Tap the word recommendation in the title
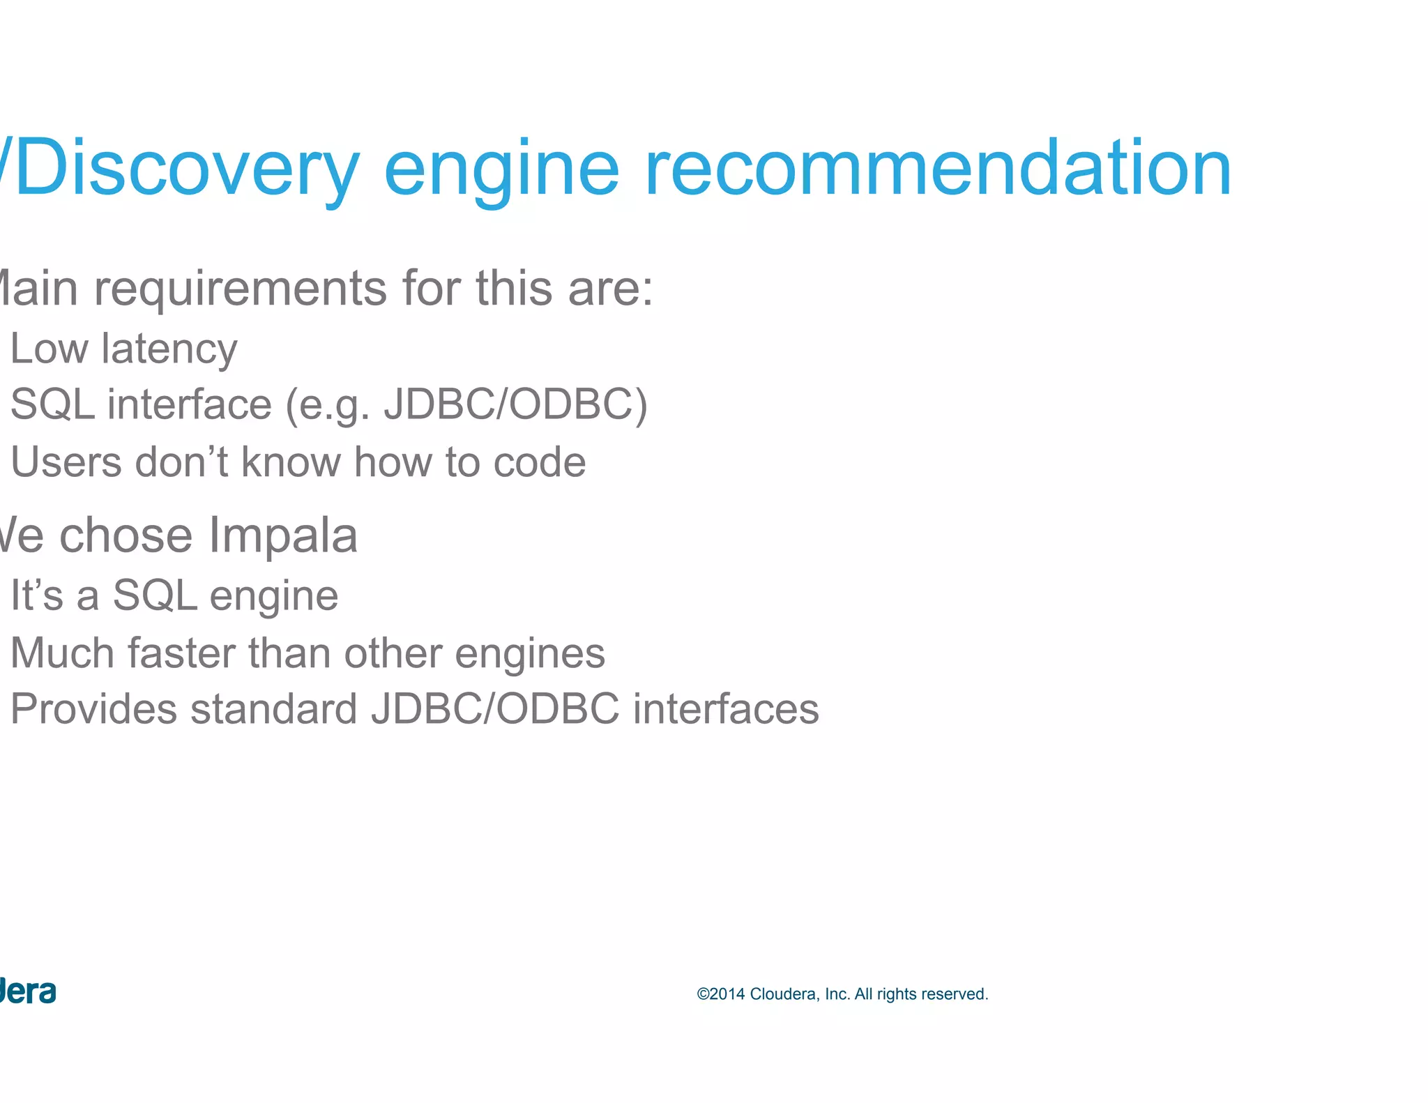[938, 168]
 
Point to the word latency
[169, 349]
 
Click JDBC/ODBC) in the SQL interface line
[516, 404]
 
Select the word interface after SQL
[190, 404]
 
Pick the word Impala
[283, 535]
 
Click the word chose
[126, 535]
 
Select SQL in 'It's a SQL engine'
[155, 595]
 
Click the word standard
[273, 709]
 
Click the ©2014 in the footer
[721, 994]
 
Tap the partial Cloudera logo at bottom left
[28, 992]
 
